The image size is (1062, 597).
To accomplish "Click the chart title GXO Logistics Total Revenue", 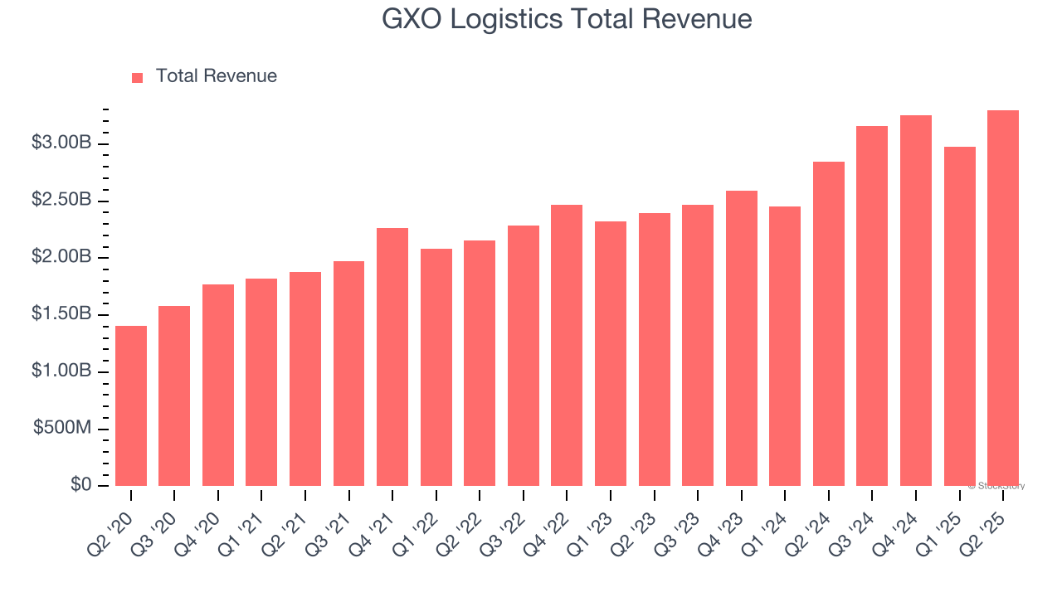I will pos(567,19).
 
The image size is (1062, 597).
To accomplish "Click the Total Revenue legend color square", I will pos(138,77).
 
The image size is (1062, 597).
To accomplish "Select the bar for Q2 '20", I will pos(131,406).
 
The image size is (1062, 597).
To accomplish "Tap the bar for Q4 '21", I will pos(392,357).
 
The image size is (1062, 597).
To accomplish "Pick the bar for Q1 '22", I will pos(436,367).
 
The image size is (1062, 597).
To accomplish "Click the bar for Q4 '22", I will pos(567,345).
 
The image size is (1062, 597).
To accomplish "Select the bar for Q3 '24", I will pos(872,306).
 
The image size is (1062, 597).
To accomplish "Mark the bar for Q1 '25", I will pos(959,316).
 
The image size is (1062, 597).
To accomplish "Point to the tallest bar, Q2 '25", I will pos(1003,298).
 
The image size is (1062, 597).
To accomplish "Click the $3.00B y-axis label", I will pos(61,143).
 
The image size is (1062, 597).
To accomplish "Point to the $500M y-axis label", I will pos(62,428).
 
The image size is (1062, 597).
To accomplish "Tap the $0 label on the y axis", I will pos(81,484).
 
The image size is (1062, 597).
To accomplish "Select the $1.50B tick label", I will pos(61,314).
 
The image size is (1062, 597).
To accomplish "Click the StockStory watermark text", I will pos(996,486).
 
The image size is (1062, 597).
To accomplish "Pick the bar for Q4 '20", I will pos(218,385).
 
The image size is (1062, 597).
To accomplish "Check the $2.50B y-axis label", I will pos(61,201).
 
